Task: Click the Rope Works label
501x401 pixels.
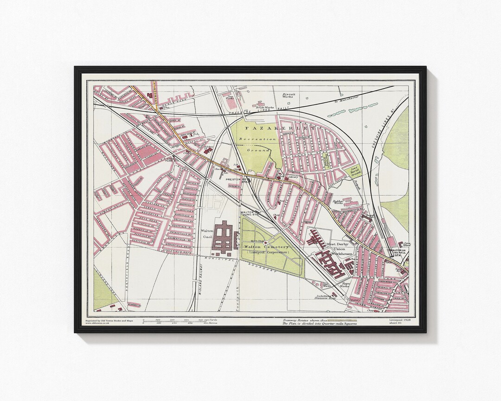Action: click(x=345, y=285)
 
